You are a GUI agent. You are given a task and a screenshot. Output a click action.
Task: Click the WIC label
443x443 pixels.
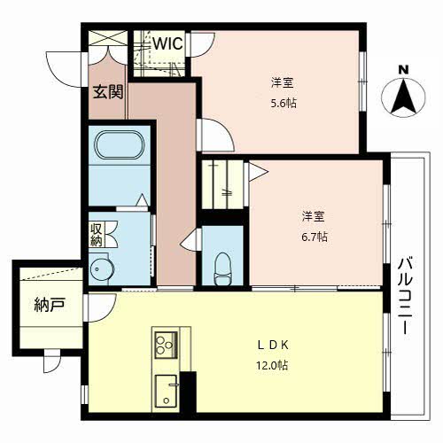point(167,44)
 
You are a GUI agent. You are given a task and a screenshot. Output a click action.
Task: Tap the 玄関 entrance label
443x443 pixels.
point(108,91)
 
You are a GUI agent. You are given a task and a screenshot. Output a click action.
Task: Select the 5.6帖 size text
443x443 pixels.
point(284,104)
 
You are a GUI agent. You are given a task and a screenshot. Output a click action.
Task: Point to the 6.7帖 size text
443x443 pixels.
point(315,237)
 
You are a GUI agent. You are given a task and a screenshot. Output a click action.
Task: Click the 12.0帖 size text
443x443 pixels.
point(272,366)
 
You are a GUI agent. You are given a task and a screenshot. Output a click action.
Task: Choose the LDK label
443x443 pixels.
point(273,345)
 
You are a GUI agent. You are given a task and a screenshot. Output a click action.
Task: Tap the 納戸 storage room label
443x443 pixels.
point(50,305)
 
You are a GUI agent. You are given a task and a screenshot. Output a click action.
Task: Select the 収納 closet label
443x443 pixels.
point(96,235)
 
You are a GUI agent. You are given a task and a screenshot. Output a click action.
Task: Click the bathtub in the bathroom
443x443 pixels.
point(120,144)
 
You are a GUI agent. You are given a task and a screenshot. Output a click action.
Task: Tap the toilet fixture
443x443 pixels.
point(223,269)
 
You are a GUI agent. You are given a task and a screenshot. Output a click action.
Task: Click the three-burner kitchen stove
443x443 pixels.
point(167,345)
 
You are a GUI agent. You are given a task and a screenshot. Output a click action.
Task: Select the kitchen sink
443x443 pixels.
point(167,391)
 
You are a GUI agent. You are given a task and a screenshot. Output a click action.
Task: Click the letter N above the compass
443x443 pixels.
point(403,70)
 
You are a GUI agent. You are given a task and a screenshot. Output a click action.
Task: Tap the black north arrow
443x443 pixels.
point(403,97)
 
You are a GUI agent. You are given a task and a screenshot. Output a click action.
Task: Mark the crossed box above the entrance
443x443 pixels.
point(108,38)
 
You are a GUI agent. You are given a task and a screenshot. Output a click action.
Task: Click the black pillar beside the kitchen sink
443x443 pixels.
point(189,392)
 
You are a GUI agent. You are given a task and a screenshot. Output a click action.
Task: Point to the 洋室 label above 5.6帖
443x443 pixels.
point(283,83)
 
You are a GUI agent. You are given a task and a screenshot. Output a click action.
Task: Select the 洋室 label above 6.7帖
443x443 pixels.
point(313,216)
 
